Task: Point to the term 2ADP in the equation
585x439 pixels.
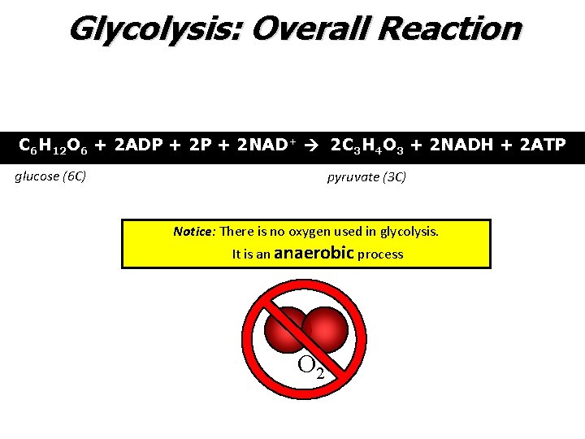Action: [139, 146]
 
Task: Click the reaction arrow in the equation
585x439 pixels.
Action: [314, 147]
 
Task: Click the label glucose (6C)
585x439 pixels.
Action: [51, 176]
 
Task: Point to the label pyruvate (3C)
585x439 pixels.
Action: [366, 176]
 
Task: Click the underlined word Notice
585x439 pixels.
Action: [193, 232]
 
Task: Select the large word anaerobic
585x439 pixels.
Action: [314, 253]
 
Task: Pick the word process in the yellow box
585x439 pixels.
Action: [380, 254]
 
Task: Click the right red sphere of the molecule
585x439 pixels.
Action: [326, 329]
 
